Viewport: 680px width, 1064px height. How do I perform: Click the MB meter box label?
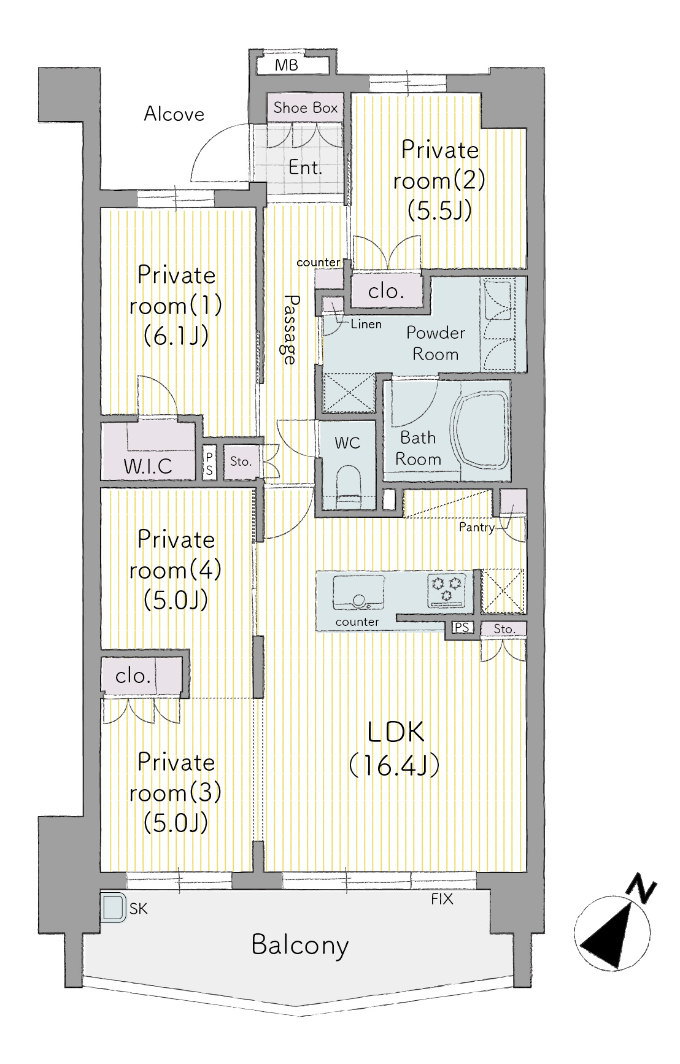point(287,65)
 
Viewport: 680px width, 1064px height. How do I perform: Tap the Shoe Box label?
point(306,108)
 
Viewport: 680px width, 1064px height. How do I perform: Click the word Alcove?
point(174,114)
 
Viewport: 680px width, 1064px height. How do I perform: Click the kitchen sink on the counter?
point(358,592)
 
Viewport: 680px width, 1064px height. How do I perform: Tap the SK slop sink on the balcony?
point(114,907)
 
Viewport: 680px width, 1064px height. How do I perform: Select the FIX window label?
point(442,900)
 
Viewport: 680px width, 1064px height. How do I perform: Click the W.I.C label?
point(148,466)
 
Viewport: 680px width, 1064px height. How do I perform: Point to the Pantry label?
point(476,527)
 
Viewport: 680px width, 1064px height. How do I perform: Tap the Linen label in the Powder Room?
point(366,324)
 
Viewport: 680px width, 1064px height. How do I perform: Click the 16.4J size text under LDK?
point(394,765)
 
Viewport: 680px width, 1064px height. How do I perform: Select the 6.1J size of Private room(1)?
point(176,335)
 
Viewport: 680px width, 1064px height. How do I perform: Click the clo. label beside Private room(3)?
point(133,676)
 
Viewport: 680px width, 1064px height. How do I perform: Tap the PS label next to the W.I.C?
point(209,464)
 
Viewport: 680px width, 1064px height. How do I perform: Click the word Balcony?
point(300,945)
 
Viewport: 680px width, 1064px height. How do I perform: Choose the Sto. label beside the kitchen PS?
point(504,629)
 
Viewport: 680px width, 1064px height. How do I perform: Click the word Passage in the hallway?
point(290,330)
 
